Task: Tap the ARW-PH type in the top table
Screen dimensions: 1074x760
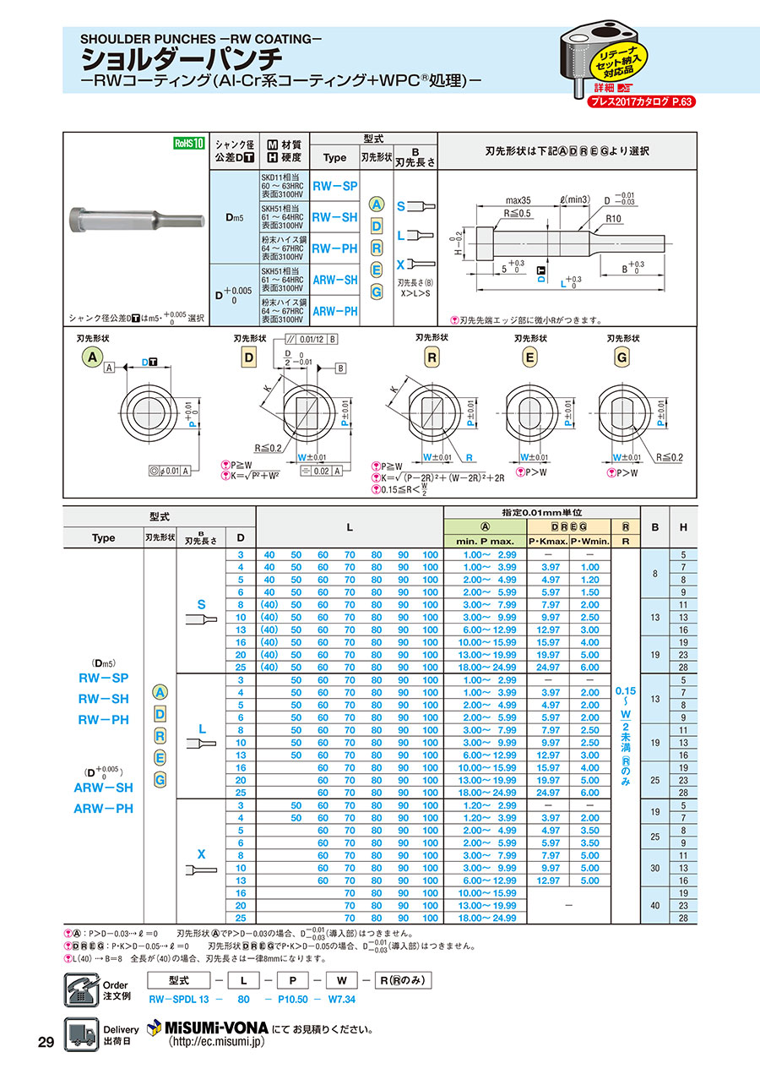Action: pos(334,311)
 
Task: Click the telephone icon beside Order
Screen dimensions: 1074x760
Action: pos(81,988)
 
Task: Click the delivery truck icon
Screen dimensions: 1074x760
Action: pos(81,1033)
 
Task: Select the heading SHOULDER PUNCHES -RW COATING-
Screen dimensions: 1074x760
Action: pos(201,40)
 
